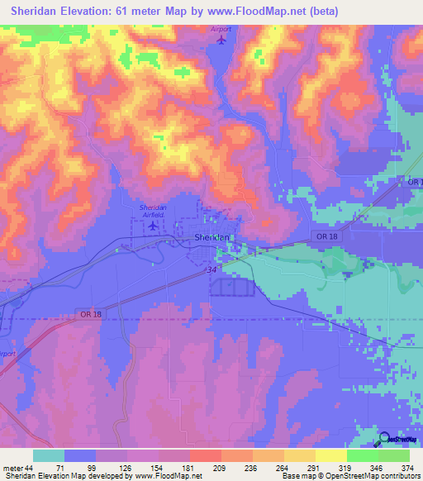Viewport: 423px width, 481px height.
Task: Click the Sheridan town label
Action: pos(211,237)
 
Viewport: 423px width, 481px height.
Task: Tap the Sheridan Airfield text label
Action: pos(153,210)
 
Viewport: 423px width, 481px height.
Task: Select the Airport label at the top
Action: pos(221,27)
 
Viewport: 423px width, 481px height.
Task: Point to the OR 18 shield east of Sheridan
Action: pos(326,237)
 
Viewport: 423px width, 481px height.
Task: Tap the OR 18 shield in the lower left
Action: pos(91,314)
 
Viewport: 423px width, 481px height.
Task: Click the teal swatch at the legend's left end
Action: pos(49,455)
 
